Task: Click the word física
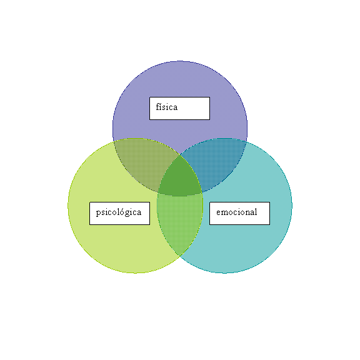pyautogui.click(x=167, y=107)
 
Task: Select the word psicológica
pyautogui.click(x=119, y=212)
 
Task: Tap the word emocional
pyautogui.click(x=236, y=212)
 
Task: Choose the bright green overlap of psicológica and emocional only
pyautogui.click(x=180, y=221)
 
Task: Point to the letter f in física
pyautogui.click(x=158, y=107)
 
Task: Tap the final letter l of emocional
pyautogui.click(x=256, y=211)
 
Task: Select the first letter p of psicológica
pyautogui.click(x=99, y=213)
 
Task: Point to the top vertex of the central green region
pyautogui.click(x=180, y=154)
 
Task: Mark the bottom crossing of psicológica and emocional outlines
pyautogui.click(x=180, y=256)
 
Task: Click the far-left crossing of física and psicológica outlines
pyautogui.click(x=114, y=142)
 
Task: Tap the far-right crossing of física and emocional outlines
pyautogui.click(x=246, y=142)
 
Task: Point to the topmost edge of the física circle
pyautogui.click(x=180, y=61)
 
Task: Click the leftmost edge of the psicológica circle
pyautogui.click(x=68, y=206)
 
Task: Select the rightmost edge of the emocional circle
pyautogui.click(x=292, y=206)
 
